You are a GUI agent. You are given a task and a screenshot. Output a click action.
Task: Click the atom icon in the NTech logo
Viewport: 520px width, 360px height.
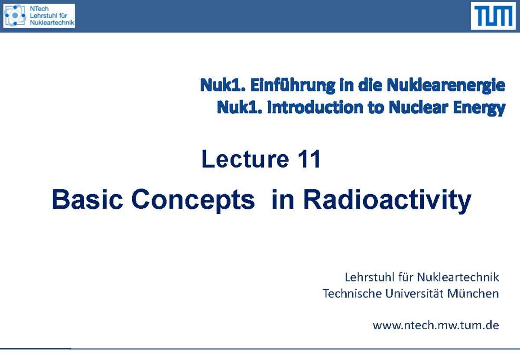pyautogui.click(x=15, y=16)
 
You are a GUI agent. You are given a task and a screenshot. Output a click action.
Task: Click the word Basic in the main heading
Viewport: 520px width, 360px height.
pyautogui.click(x=86, y=200)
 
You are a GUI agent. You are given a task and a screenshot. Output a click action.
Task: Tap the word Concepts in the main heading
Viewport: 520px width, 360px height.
pyautogui.click(x=193, y=201)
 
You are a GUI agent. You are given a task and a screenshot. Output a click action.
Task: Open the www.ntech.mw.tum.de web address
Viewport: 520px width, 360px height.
pyautogui.click(x=435, y=325)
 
